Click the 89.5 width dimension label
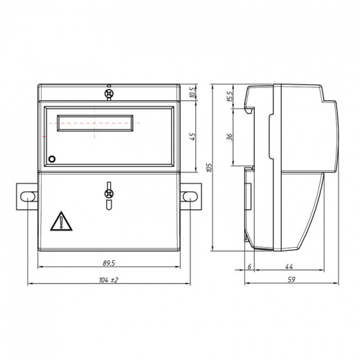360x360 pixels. pyautogui.click(x=109, y=263)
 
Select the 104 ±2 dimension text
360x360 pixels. pyautogui.click(x=109, y=280)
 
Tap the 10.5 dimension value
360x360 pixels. pyautogui.click(x=193, y=92)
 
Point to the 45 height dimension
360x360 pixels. pyautogui.click(x=193, y=136)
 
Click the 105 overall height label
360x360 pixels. pyautogui.click(x=209, y=168)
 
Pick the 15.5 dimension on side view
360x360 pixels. pyautogui.click(x=230, y=96)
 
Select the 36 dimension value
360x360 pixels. pyautogui.click(x=230, y=137)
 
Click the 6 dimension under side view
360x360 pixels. pyautogui.click(x=249, y=267)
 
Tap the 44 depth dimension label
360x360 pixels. pyautogui.click(x=289, y=267)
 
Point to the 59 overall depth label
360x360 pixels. pyautogui.click(x=291, y=280)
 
